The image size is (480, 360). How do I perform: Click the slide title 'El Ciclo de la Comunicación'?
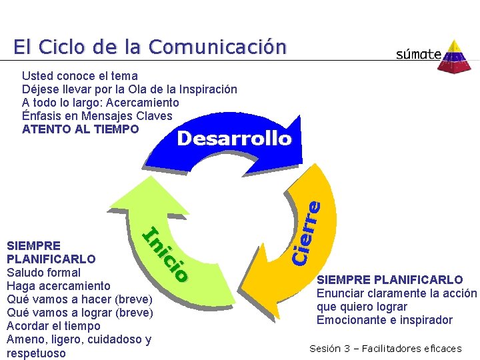tap(150, 47)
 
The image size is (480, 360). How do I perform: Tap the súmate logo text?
tap(418, 54)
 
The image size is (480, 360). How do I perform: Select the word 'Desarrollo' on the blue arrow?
tap(234, 139)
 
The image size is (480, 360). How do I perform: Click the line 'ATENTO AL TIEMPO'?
tap(81, 129)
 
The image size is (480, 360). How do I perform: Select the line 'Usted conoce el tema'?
tap(80, 76)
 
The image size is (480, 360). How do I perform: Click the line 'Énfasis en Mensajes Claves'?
tap(97, 116)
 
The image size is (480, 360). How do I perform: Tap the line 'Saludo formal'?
tap(43, 273)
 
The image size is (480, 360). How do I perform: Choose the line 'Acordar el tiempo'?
tap(53, 326)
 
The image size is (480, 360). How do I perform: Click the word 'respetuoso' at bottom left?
tap(36, 353)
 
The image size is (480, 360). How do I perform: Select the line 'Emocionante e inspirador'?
tap(385, 320)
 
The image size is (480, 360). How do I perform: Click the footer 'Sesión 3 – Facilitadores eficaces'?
tap(385, 348)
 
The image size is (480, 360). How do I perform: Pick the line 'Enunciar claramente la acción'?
tap(397, 293)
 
